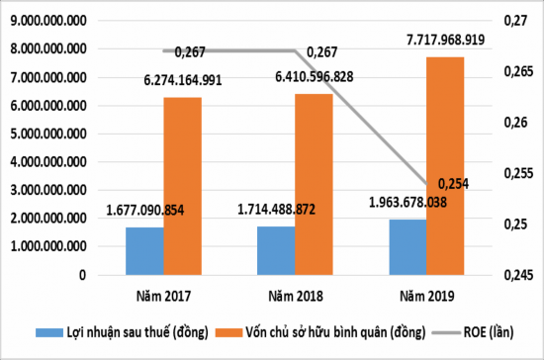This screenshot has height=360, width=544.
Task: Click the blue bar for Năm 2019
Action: pyautogui.click(x=408, y=245)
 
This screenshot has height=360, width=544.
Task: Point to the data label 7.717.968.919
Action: pyautogui.click(x=431, y=41)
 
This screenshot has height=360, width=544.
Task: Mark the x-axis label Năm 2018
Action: pyautogui.click(x=295, y=295)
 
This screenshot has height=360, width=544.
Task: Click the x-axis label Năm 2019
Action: pyautogui.click(x=426, y=295)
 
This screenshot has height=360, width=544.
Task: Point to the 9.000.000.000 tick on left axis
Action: pyautogui.click(x=47, y=20)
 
